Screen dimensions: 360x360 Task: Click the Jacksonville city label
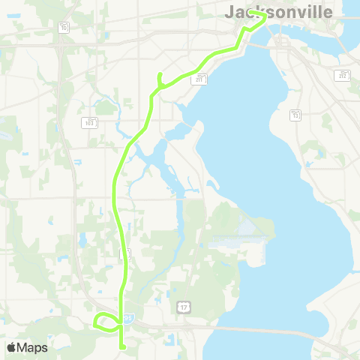(x=278, y=12)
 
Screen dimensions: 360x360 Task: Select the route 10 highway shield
(x=64, y=28)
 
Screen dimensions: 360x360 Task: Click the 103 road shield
(x=89, y=121)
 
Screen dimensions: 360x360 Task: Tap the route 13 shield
(x=296, y=115)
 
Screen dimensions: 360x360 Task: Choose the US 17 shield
(x=183, y=307)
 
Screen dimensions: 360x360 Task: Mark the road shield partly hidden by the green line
(x=125, y=254)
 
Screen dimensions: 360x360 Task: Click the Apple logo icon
(x=11, y=347)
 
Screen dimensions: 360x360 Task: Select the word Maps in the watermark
(x=33, y=347)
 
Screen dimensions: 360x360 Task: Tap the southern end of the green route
(x=121, y=346)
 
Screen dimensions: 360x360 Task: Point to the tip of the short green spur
(x=159, y=73)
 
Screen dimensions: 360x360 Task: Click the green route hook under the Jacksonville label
(x=259, y=18)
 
